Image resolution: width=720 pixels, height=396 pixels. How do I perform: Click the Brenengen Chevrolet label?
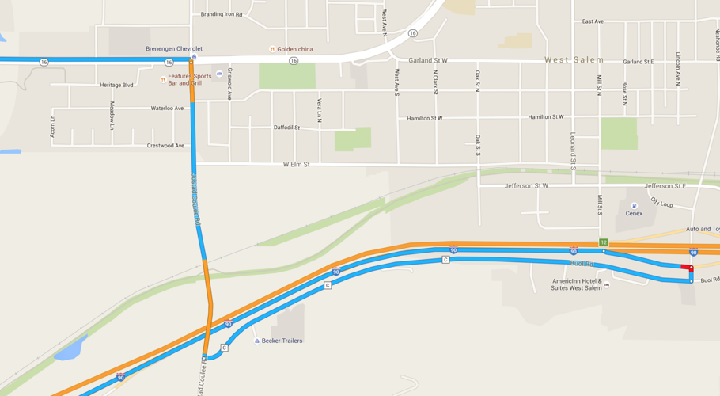coord(174,48)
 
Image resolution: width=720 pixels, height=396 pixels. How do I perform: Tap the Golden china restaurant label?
coord(294,49)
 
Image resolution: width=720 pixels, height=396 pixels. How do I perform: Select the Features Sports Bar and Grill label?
coord(184,80)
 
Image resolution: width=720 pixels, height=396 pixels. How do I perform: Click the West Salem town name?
coord(574,60)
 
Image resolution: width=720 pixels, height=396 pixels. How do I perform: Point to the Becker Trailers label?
coord(282,341)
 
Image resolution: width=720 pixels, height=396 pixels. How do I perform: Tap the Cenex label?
coord(634,213)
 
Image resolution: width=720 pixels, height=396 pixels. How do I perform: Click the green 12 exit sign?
coord(604,242)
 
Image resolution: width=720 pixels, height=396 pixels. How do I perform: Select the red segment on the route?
coord(686,267)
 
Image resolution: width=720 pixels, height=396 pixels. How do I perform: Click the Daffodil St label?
coord(287,127)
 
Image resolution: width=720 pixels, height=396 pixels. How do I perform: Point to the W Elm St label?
coord(297,164)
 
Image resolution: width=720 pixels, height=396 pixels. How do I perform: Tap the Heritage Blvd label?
coord(116,85)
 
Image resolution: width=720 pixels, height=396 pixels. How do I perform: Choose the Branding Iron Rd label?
coord(222,14)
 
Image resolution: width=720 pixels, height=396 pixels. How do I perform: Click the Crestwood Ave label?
coord(165,146)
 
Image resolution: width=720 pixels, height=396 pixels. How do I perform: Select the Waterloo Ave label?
coord(167,109)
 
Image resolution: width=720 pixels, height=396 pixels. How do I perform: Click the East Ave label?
coord(593,21)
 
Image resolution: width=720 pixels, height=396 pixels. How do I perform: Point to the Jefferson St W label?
coord(526,186)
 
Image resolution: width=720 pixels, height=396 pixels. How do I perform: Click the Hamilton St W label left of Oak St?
coord(424,118)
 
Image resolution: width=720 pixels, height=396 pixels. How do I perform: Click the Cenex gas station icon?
coord(634,206)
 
